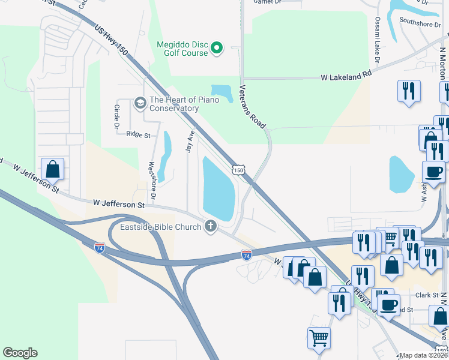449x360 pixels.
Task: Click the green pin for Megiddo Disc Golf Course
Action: tap(218, 47)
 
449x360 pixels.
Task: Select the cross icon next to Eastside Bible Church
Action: tap(210, 226)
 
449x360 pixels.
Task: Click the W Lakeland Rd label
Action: tap(346, 77)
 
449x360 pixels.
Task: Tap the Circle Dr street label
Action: tap(116, 117)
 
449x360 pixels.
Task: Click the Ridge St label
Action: tap(138, 135)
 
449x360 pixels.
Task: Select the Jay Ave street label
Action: tap(190, 141)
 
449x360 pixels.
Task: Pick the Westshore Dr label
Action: tap(152, 180)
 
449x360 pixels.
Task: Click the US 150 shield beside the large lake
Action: tap(239, 170)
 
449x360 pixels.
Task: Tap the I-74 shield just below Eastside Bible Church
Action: tap(246, 256)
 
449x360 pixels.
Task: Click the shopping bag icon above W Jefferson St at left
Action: tap(53, 169)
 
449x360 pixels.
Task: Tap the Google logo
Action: tap(20, 353)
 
